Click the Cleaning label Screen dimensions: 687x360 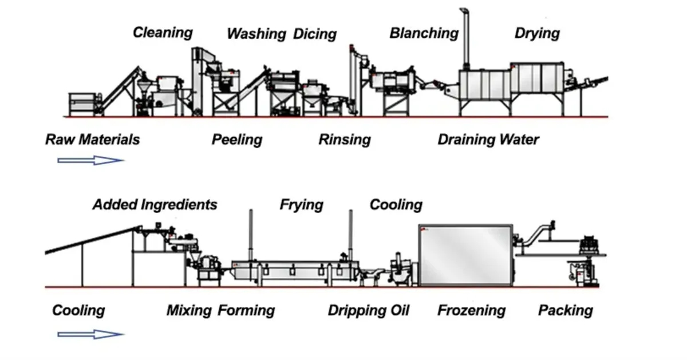click(x=163, y=33)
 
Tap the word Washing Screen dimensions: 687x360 click(x=256, y=34)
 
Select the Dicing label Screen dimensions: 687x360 click(x=315, y=34)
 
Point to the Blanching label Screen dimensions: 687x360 click(x=424, y=33)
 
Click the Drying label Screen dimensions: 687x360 click(x=538, y=33)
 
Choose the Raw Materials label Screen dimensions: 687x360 click(x=93, y=140)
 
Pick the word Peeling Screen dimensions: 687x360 click(x=237, y=140)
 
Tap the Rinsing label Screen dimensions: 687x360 click(x=345, y=140)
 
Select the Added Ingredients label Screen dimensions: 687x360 click(x=155, y=205)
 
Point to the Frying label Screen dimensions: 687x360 click(x=302, y=205)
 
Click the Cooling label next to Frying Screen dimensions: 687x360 click(x=396, y=205)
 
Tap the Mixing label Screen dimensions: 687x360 click(x=189, y=311)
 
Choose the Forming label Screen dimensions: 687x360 click(x=246, y=311)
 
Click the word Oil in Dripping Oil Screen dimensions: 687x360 click(x=400, y=310)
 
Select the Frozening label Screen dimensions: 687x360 click(x=472, y=311)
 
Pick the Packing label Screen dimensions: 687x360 click(x=566, y=311)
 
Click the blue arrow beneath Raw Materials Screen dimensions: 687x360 click(x=91, y=160)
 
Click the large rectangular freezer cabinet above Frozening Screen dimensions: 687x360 click(x=465, y=255)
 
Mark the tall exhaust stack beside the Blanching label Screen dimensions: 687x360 click(x=465, y=39)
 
